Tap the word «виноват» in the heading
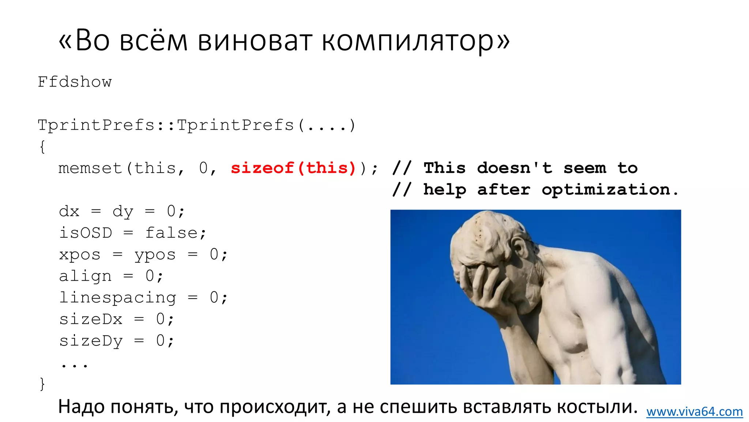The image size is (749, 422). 255,40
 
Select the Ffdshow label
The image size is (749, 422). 75,82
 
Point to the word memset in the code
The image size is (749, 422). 90,168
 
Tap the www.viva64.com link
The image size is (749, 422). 694,412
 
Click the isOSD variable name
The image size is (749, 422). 86,233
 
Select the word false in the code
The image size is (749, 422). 172,233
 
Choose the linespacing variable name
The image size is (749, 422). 117,297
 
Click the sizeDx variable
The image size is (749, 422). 91,319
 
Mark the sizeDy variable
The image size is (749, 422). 91,341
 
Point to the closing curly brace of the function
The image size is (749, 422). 42,384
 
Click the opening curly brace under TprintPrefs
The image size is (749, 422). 42,147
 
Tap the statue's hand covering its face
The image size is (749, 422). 483,286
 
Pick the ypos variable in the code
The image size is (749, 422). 155,255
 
